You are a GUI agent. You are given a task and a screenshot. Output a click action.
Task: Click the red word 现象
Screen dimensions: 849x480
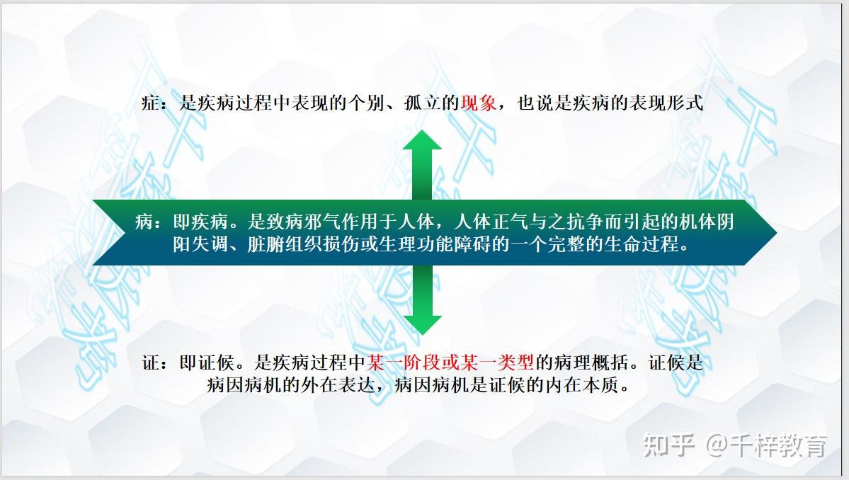click(x=478, y=102)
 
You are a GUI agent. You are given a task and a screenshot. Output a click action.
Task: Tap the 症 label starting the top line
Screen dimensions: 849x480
click(x=150, y=102)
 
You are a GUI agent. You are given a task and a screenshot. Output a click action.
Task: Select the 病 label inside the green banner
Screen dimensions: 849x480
click(x=144, y=222)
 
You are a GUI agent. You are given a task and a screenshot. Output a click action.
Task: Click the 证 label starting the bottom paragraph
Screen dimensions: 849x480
click(x=151, y=362)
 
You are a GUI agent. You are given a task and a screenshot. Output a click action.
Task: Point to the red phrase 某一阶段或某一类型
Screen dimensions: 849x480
click(x=450, y=362)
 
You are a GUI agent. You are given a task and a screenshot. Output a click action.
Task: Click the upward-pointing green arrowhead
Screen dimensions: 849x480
click(x=422, y=139)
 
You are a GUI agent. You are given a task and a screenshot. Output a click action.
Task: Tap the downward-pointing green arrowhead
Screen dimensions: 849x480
click(x=422, y=325)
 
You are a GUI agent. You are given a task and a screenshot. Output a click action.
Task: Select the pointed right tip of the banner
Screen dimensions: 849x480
click(x=777, y=233)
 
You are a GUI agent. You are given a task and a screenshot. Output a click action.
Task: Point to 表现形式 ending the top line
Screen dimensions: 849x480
click(x=666, y=102)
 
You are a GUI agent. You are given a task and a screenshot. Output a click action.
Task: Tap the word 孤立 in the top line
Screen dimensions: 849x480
click(x=422, y=102)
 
